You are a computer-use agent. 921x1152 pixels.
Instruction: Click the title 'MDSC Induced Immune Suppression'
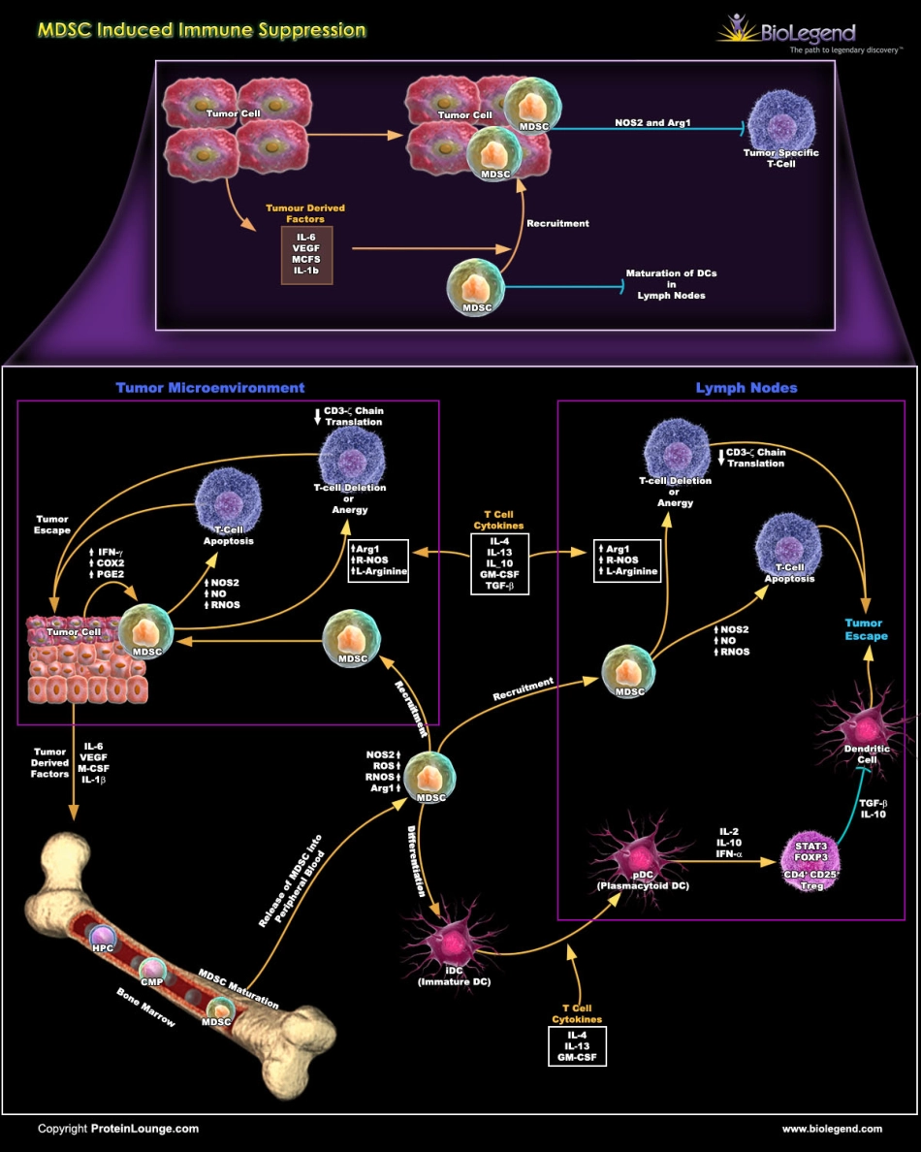(x=202, y=30)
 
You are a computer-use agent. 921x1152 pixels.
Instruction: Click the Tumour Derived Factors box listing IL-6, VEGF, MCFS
(x=306, y=255)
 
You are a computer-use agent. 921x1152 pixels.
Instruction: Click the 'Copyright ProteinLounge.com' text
(x=118, y=1129)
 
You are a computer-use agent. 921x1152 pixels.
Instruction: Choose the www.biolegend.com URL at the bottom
(x=832, y=1129)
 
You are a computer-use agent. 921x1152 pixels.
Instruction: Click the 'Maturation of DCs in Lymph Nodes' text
(x=666, y=284)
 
